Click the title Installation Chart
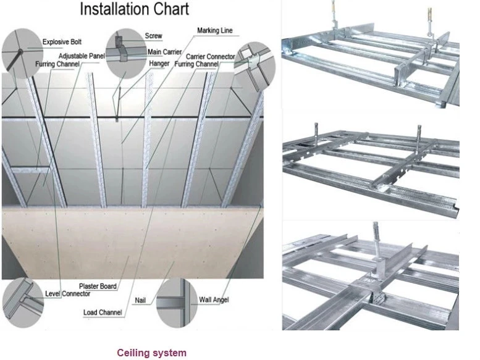pyautogui.click(x=135, y=9)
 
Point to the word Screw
pyautogui.click(x=153, y=36)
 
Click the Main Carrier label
pyautogui.click(x=164, y=52)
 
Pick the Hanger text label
pyautogui.click(x=159, y=63)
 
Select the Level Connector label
pyautogui.click(x=67, y=293)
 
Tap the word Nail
pyautogui.click(x=140, y=301)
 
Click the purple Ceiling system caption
pyautogui.click(x=151, y=353)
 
